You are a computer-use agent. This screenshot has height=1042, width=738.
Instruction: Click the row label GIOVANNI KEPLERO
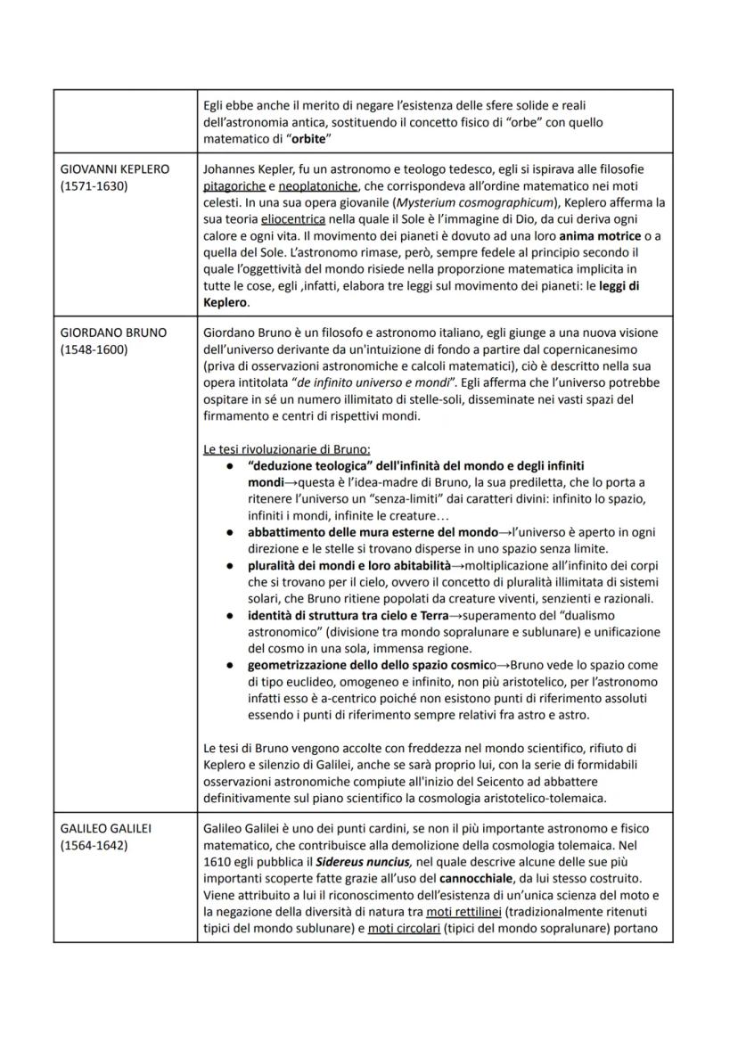[114, 169]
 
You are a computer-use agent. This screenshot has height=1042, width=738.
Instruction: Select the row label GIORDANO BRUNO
[113, 332]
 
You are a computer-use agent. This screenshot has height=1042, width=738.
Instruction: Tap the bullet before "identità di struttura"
[229, 614]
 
